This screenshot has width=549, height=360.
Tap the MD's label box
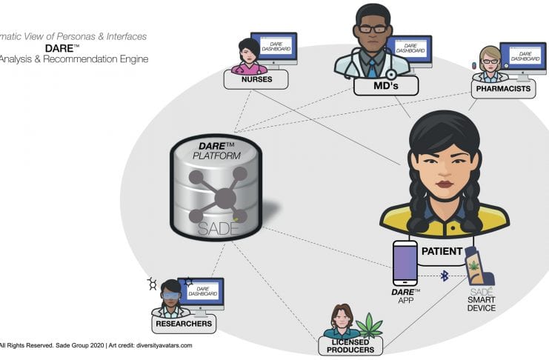pyautogui.click(x=385, y=87)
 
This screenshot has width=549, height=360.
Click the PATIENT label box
pyautogui.click(x=442, y=251)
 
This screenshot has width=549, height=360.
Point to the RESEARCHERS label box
pyautogui.click(x=183, y=323)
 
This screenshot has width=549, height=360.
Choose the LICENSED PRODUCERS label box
pyautogui.click(x=350, y=345)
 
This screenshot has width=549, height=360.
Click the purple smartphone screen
pyautogui.click(x=405, y=261)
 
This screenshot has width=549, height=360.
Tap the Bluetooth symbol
pyautogui.click(x=445, y=276)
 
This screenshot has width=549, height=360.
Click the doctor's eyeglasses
pyautogui.click(x=373, y=30)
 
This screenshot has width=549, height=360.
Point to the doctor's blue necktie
pyautogui.click(x=372, y=68)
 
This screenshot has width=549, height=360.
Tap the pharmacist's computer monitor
pyautogui.click(x=522, y=58)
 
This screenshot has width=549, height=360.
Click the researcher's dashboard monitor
pyautogui.click(x=201, y=293)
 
